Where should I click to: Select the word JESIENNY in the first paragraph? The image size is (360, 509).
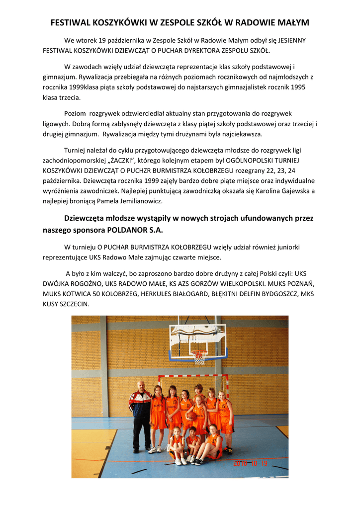(292, 40)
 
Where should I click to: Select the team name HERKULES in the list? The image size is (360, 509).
(156, 293)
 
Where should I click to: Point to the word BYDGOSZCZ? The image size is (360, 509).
(273, 293)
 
